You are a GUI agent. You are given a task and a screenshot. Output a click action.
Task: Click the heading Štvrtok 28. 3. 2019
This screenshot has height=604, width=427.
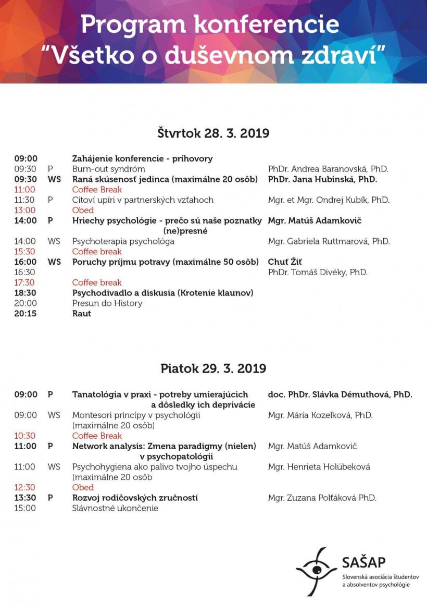[213, 133]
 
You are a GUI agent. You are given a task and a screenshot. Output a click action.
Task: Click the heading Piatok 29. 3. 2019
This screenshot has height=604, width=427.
[213, 368]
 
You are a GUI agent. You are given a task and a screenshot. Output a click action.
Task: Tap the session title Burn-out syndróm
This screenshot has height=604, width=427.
[108, 169]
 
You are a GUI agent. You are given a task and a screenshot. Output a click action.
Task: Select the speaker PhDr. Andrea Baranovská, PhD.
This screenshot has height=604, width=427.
[328, 169]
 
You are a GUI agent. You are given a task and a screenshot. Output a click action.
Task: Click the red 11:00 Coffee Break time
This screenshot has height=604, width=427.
[25, 190]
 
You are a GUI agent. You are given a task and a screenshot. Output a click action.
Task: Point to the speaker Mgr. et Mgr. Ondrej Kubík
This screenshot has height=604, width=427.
[329, 200]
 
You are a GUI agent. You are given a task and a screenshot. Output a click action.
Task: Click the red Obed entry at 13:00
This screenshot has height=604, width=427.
[83, 211]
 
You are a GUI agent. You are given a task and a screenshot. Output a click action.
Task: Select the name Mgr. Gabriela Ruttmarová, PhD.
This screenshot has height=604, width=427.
[329, 241]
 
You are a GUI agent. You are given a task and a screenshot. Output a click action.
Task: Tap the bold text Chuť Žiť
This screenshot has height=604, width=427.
[285, 262]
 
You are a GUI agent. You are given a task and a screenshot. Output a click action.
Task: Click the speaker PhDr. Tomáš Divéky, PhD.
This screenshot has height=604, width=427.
[318, 272]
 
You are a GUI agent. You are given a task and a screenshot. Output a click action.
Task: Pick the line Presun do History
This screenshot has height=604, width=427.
[107, 303]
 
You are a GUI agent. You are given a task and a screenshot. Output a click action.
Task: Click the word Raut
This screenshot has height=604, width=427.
[82, 314]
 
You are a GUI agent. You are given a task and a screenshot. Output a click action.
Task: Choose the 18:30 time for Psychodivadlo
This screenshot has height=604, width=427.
[26, 293]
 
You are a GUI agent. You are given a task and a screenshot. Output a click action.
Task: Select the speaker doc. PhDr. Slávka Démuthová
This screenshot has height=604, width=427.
[340, 395]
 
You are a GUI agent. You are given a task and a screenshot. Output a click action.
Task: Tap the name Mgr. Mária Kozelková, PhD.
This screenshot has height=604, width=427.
[320, 415]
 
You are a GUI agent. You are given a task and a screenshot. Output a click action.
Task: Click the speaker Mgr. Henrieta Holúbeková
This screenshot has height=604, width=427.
[319, 467]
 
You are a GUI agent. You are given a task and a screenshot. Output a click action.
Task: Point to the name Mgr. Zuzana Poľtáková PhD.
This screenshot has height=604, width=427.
[322, 498]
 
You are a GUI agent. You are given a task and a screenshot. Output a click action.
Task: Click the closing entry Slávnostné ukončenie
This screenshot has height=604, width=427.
[115, 508]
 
